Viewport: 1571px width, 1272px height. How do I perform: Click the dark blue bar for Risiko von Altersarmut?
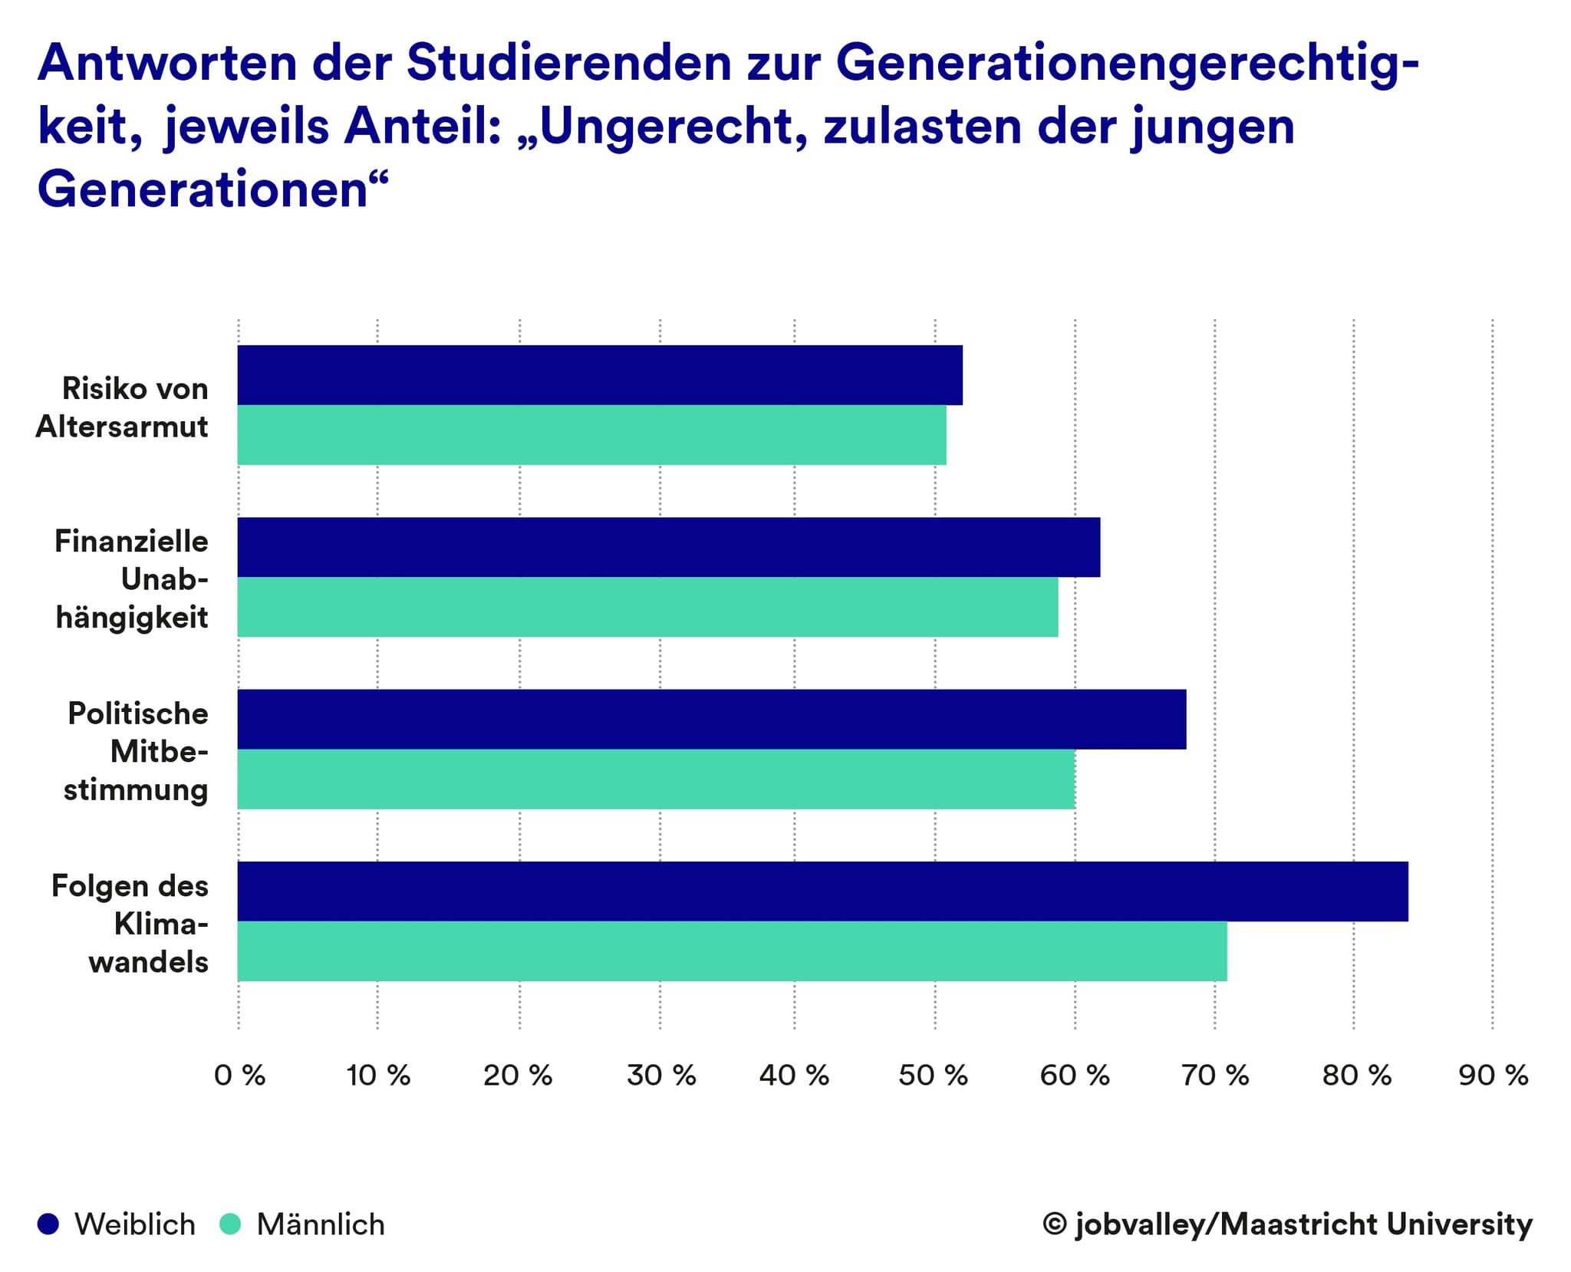tap(599, 375)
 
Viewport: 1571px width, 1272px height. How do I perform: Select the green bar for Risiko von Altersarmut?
tap(591, 435)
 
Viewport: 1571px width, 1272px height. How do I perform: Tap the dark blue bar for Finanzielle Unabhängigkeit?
tap(668, 547)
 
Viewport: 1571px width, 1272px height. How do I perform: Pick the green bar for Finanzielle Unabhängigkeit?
tap(647, 607)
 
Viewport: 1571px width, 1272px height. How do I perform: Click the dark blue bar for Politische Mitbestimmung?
tap(711, 719)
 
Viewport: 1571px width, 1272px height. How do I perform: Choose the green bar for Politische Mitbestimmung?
tap(656, 779)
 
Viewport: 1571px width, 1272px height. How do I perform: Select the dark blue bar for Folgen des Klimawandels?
tap(822, 891)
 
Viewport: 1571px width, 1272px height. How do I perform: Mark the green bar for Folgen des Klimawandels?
tap(732, 951)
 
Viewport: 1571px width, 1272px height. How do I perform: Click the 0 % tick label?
tap(239, 1076)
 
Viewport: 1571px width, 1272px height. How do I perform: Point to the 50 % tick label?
tap(933, 1076)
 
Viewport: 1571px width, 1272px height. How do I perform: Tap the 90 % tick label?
tap(1493, 1076)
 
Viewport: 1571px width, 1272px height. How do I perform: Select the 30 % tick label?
tap(660, 1076)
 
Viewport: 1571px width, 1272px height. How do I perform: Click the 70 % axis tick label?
tap(1214, 1076)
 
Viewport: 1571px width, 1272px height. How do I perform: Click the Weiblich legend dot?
tap(48, 1224)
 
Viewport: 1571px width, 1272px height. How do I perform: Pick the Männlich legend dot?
tap(230, 1224)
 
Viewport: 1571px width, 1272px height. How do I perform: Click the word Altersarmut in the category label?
tap(122, 427)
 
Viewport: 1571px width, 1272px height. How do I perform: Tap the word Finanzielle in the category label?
tap(131, 542)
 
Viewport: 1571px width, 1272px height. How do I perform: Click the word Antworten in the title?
tap(166, 64)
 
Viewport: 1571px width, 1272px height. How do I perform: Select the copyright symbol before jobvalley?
tap(1055, 1224)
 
